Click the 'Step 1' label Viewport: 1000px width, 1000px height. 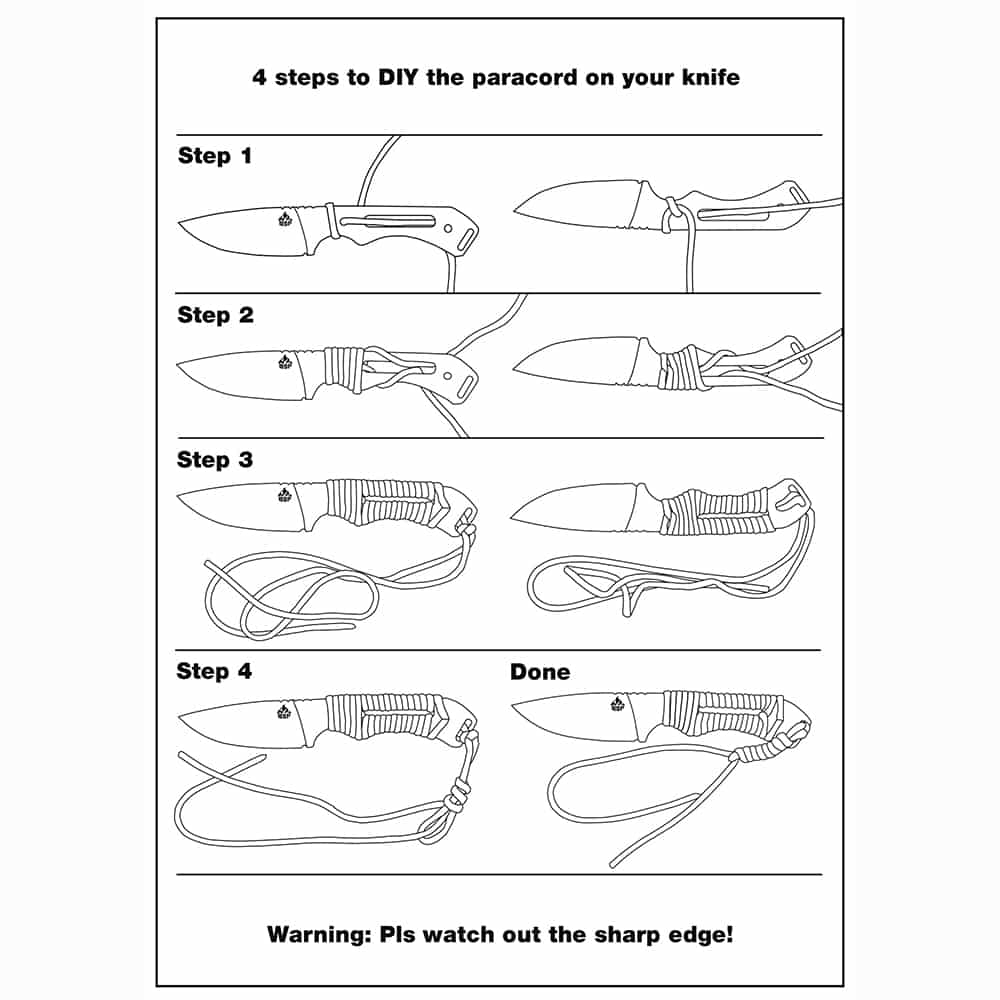[215, 156]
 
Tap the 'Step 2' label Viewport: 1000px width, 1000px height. [216, 314]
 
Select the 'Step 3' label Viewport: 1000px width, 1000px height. [215, 459]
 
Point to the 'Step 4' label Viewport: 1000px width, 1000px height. [214, 671]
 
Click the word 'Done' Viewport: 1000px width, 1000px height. [540, 672]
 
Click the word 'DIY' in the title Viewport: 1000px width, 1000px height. [399, 77]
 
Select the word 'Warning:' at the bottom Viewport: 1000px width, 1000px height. [319, 934]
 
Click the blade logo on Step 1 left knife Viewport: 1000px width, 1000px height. [285, 219]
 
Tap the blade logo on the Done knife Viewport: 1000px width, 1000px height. [617, 703]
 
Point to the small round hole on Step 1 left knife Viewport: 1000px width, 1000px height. [448, 228]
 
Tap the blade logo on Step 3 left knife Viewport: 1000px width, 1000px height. [285, 495]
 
